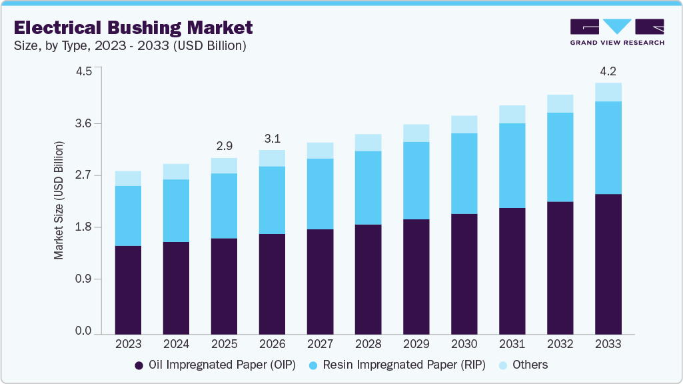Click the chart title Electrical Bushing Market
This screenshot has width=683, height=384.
[x=133, y=27]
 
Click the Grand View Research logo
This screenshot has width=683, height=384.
[x=617, y=32]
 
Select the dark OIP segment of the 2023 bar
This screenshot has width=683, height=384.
[x=128, y=290]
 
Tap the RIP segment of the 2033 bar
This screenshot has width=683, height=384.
[x=608, y=147]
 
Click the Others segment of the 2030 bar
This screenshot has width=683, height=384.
[x=464, y=125]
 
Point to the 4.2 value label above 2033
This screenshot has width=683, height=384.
[x=608, y=70]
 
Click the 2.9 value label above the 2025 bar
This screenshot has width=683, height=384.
[x=224, y=145]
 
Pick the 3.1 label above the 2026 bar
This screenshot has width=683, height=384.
[x=272, y=138]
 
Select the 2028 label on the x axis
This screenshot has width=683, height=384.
[x=368, y=344]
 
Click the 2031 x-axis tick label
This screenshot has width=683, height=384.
[x=512, y=344]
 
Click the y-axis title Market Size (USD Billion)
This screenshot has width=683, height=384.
[x=59, y=200]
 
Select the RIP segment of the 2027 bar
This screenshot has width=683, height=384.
[x=320, y=194]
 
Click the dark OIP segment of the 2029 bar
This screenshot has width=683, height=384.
[x=416, y=277]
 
